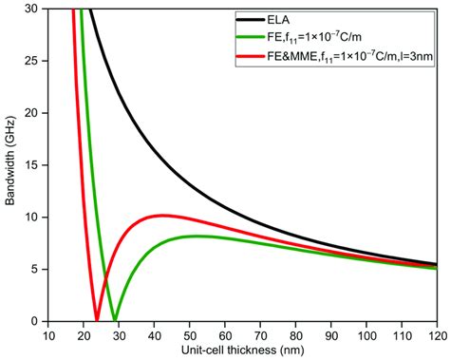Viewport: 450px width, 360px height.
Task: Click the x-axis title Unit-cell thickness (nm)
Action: tap(241, 351)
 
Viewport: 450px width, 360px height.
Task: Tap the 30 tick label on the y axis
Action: tap(32, 9)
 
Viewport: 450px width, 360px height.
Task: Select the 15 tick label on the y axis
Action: tap(32, 165)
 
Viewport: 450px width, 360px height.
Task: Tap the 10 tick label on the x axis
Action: tap(47, 335)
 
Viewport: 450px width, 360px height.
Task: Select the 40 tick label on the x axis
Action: tap(153, 335)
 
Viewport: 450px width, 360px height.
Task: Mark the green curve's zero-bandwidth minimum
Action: tap(114, 320)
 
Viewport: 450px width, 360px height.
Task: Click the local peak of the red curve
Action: tap(162, 215)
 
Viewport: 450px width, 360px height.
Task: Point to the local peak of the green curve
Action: tap(196, 236)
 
